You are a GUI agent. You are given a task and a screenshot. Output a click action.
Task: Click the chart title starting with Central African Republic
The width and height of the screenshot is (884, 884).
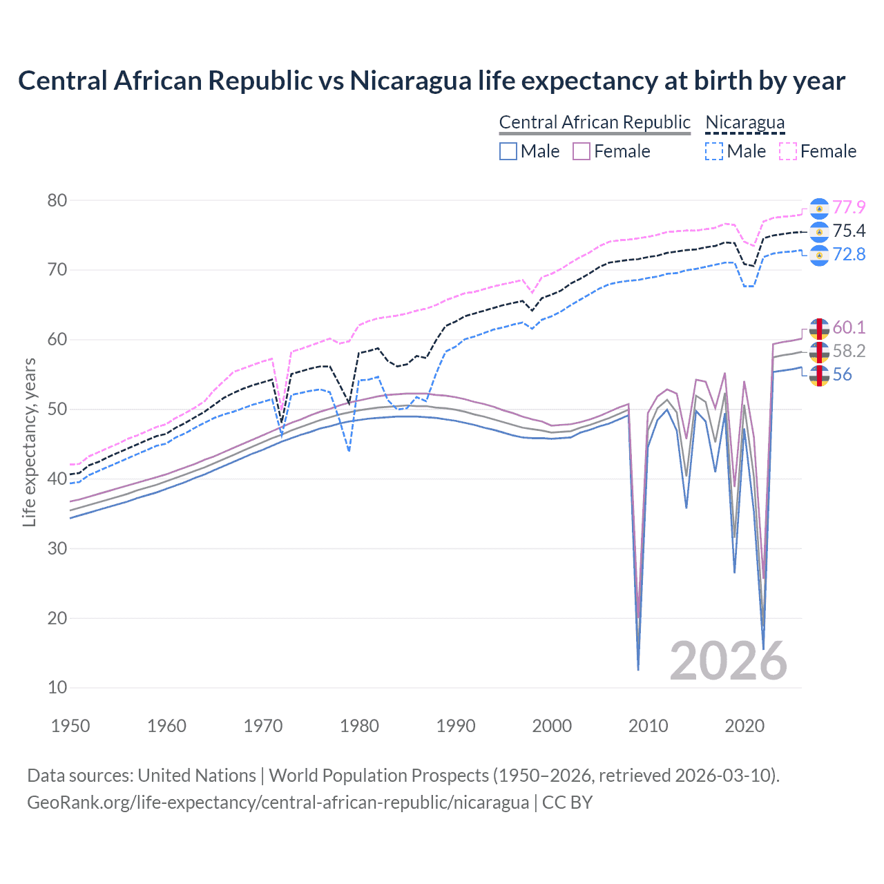[x=432, y=81]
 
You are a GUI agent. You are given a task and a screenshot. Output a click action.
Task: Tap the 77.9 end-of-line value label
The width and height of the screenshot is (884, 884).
[x=849, y=207]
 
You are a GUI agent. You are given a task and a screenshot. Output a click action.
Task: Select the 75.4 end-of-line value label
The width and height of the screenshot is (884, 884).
[x=849, y=231]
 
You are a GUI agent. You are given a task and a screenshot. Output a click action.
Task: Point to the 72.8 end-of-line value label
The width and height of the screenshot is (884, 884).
[x=849, y=254]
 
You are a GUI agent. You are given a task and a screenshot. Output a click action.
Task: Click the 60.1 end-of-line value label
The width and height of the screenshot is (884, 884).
[x=849, y=327]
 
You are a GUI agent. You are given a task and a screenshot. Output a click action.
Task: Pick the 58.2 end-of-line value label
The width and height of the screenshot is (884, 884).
[x=849, y=351]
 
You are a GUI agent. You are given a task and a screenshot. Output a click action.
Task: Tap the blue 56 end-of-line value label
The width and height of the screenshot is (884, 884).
[x=842, y=374]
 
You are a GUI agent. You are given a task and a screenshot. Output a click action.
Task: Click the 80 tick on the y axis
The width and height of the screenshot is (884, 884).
[x=57, y=200]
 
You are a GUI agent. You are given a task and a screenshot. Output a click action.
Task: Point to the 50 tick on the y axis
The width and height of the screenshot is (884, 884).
[x=57, y=409]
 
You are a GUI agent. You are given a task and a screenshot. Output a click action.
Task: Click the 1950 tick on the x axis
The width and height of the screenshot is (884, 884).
[x=70, y=726]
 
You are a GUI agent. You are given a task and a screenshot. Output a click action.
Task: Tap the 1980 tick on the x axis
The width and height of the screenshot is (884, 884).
[x=359, y=726]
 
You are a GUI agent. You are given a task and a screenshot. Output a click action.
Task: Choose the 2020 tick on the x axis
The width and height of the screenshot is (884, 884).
[x=744, y=726]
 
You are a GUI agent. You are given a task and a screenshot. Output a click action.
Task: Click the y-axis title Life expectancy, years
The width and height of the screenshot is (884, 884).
[x=29, y=442]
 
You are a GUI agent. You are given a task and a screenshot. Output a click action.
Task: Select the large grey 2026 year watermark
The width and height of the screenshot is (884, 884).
[x=728, y=661]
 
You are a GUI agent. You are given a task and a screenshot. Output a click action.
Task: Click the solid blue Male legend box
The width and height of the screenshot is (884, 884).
[x=508, y=151]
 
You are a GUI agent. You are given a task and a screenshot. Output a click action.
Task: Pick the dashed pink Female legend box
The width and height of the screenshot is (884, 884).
[x=788, y=151]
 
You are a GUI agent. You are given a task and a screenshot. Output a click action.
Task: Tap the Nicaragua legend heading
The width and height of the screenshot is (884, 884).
[x=744, y=123]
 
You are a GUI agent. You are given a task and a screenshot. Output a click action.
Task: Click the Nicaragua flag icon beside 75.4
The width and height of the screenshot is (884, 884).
[x=819, y=231]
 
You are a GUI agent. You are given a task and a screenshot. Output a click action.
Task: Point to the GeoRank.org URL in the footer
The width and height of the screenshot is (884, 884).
[x=278, y=803]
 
